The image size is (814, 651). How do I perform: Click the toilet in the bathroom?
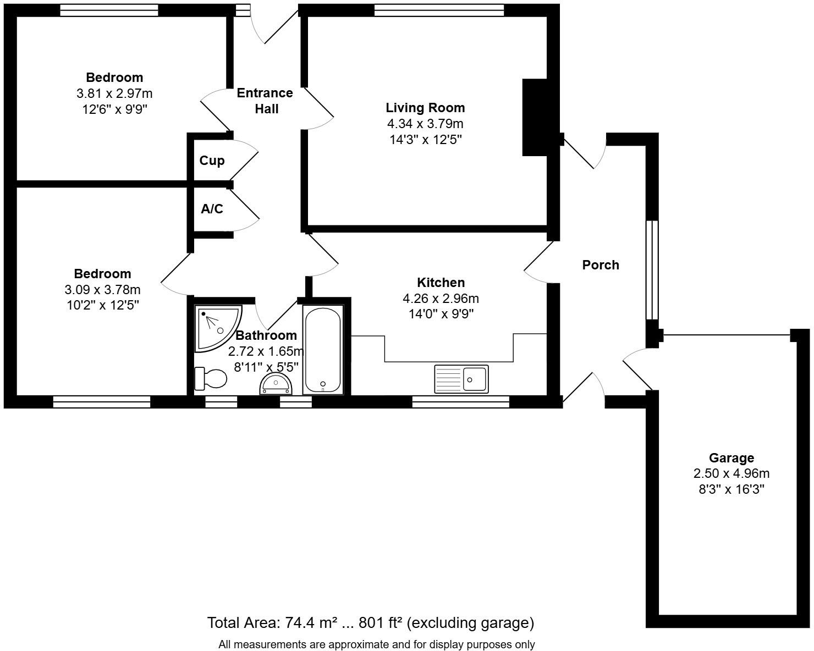coord(210,378)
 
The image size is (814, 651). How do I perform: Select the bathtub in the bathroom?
coord(323,350)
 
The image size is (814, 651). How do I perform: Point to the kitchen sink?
coord(461,379)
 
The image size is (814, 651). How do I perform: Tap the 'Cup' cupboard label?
coord(212,161)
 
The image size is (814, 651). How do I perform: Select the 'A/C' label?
coord(212,208)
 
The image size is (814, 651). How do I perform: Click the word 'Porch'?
coord(601,265)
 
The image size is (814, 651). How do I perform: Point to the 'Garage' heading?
coord(732,457)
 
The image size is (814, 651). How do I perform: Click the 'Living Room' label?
coord(425,107)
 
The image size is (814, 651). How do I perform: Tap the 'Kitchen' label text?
coord(441,282)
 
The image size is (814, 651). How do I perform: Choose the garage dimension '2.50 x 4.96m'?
coord(732,473)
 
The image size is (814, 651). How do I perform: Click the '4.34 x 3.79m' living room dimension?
coord(425,123)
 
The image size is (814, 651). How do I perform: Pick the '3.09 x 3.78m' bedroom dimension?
coord(102,289)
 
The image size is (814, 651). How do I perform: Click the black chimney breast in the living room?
coord(535,117)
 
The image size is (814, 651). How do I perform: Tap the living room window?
coord(439,10)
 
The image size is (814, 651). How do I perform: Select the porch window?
coord(652,270)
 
